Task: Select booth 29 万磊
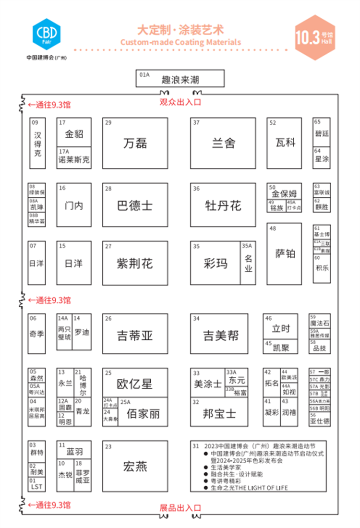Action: [x=135, y=143]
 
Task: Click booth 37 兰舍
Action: [x=223, y=143]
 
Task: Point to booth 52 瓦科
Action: [x=285, y=143]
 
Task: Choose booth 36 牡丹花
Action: [x=223, y=205]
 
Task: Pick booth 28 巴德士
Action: [x=135, y=205]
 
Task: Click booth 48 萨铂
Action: [x=285, y=253]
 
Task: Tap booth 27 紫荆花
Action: [x=135, y=263]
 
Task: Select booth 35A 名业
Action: [x=248, y=263]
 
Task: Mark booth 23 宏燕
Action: [x=135, y=466]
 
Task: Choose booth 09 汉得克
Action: [x=37, y=143]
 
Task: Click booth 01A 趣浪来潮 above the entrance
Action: [x=180, y=79]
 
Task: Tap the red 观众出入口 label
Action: [x=180, y=102]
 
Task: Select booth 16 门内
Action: [x=74, y=205]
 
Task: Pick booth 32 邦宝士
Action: [x=219, y=413]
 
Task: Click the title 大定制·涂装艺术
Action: [x=180, y=30]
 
